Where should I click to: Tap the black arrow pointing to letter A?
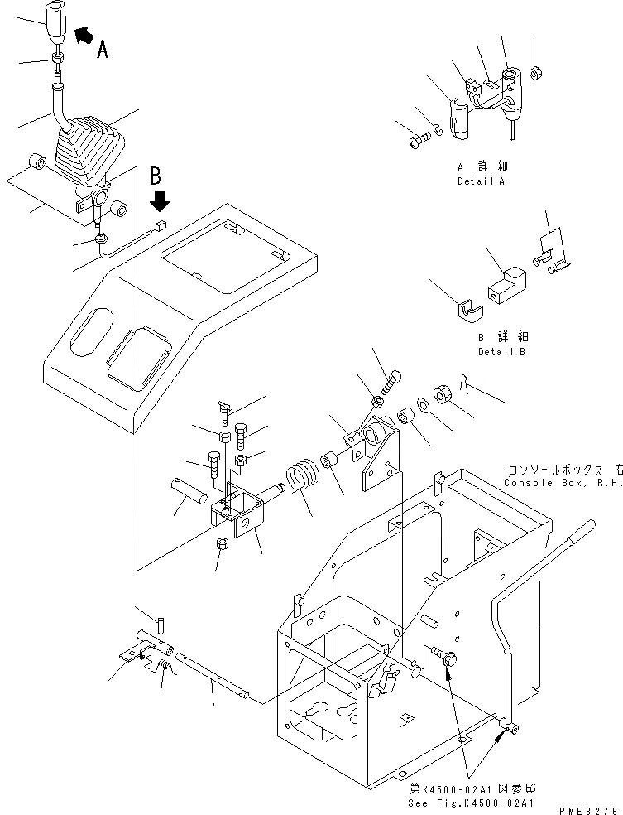click(84, 35)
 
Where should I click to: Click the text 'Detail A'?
click(480, 181)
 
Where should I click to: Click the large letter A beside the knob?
click(102, 51)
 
